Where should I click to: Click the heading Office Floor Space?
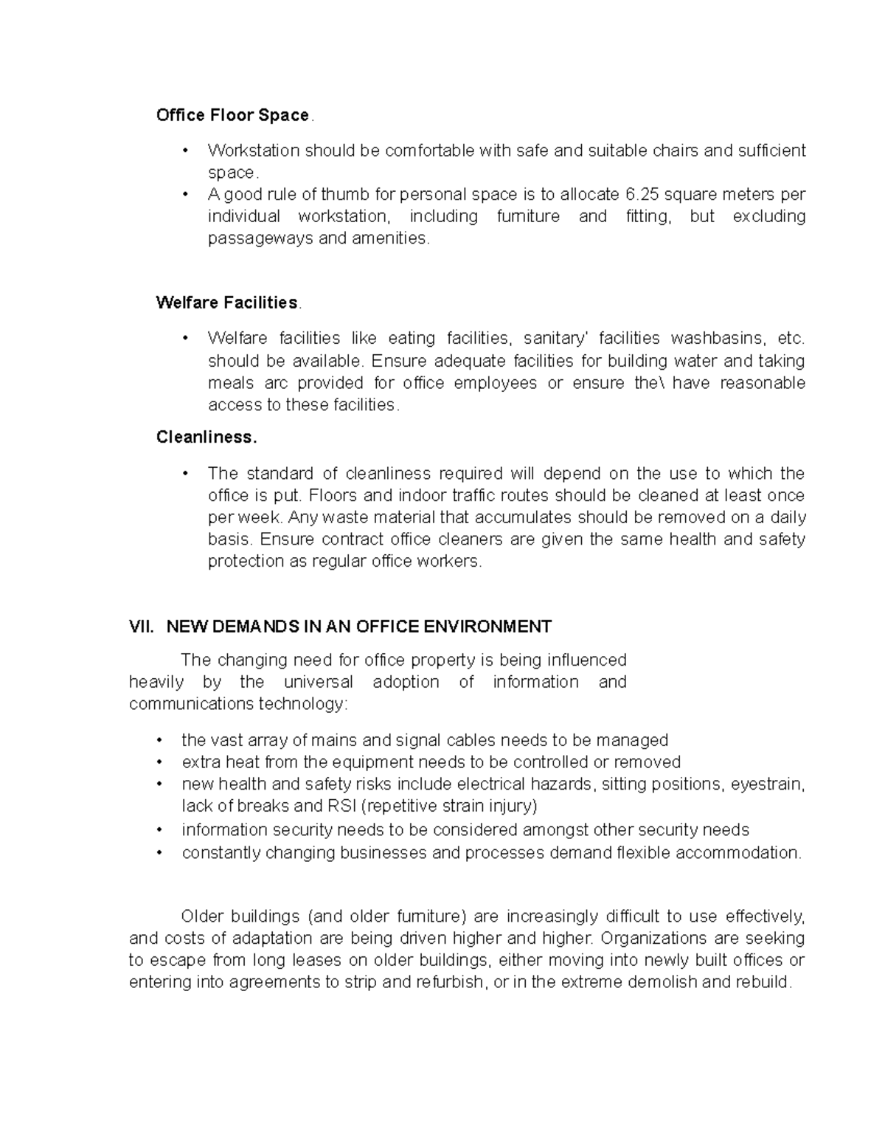point(232,115)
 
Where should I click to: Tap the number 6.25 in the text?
point(641,195)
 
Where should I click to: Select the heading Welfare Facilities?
point(226,303)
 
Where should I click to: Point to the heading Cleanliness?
point(206,437)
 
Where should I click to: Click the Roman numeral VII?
point(142,627)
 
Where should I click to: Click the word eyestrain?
point(767,784)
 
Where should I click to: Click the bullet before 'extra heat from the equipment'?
point(159,762)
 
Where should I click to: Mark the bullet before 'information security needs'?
point(159,830)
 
